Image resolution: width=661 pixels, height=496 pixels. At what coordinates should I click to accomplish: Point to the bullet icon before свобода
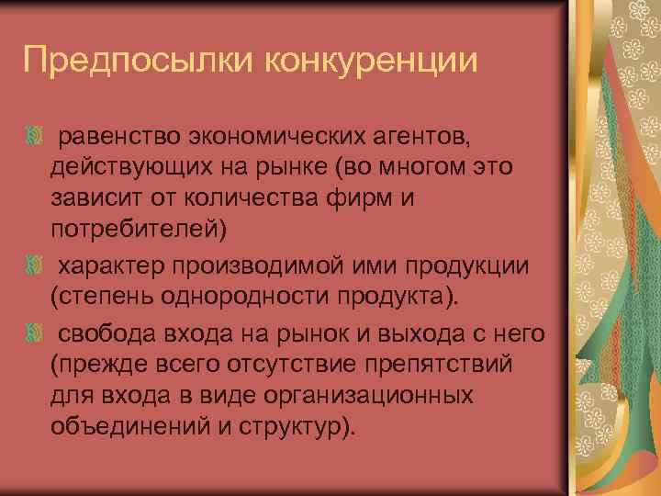(34, 333)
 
